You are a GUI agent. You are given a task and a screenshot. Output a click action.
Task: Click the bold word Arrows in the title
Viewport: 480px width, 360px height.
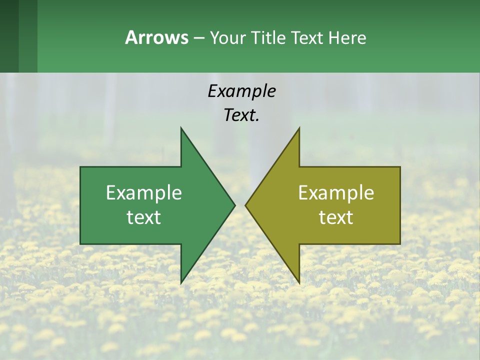156,37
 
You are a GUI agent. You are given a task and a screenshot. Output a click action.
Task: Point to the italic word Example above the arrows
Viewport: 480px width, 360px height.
241,91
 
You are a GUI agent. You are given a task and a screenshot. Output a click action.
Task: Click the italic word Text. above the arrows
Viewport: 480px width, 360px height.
241,115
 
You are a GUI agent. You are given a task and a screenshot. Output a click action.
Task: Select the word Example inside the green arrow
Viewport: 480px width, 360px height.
144,193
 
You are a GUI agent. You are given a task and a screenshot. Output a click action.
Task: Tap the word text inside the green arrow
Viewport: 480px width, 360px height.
144,217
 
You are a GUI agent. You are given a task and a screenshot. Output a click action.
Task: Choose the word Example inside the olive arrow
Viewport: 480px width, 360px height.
336,193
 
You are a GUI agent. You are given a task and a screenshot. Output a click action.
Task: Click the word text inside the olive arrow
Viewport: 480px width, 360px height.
336,217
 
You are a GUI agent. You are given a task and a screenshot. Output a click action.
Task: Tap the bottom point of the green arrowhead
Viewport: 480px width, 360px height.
181,281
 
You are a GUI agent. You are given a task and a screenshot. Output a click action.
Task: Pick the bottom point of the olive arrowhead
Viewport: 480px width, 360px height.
298,281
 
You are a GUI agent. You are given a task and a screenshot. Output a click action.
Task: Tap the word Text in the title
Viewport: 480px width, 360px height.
308,38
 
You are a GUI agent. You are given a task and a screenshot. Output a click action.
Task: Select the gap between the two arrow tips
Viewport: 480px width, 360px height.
240,205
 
